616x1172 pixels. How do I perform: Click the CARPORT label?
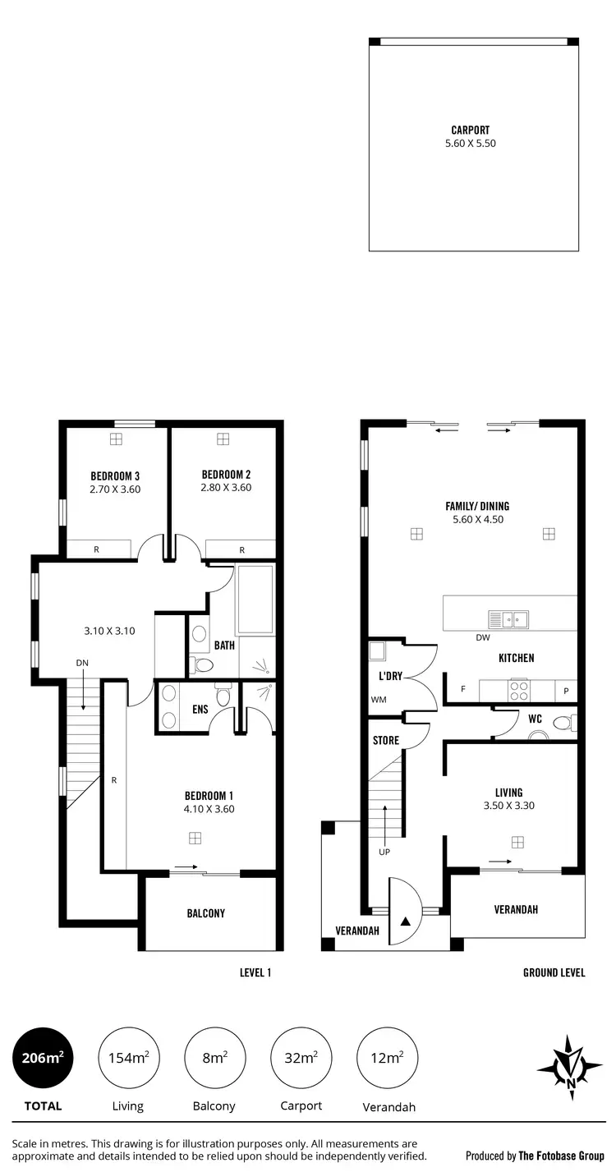(x=471, y=130)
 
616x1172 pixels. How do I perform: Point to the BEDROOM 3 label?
(x=115, y=475)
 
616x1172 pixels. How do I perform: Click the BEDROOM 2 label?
(x=226, y=474)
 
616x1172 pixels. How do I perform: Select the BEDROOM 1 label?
(x=209, y=795)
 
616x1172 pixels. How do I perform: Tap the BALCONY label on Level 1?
(x=205, y=913)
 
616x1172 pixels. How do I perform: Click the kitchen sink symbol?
(x=508, y=619)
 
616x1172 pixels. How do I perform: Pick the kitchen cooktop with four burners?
(x=519, y=691)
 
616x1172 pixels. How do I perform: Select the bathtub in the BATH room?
(x=255, y=600)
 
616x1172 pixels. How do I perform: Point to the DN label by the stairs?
(x=82, y=663)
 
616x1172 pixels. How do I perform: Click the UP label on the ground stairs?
(x=384, y=852)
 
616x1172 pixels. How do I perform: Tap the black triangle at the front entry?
(x=405, y=920)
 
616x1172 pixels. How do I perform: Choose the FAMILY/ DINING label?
(x=477, y=507)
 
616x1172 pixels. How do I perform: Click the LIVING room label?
(x=508, y=793)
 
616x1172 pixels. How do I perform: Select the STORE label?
(x=386, y=741)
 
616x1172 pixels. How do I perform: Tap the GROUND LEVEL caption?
(x=554, y=972)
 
